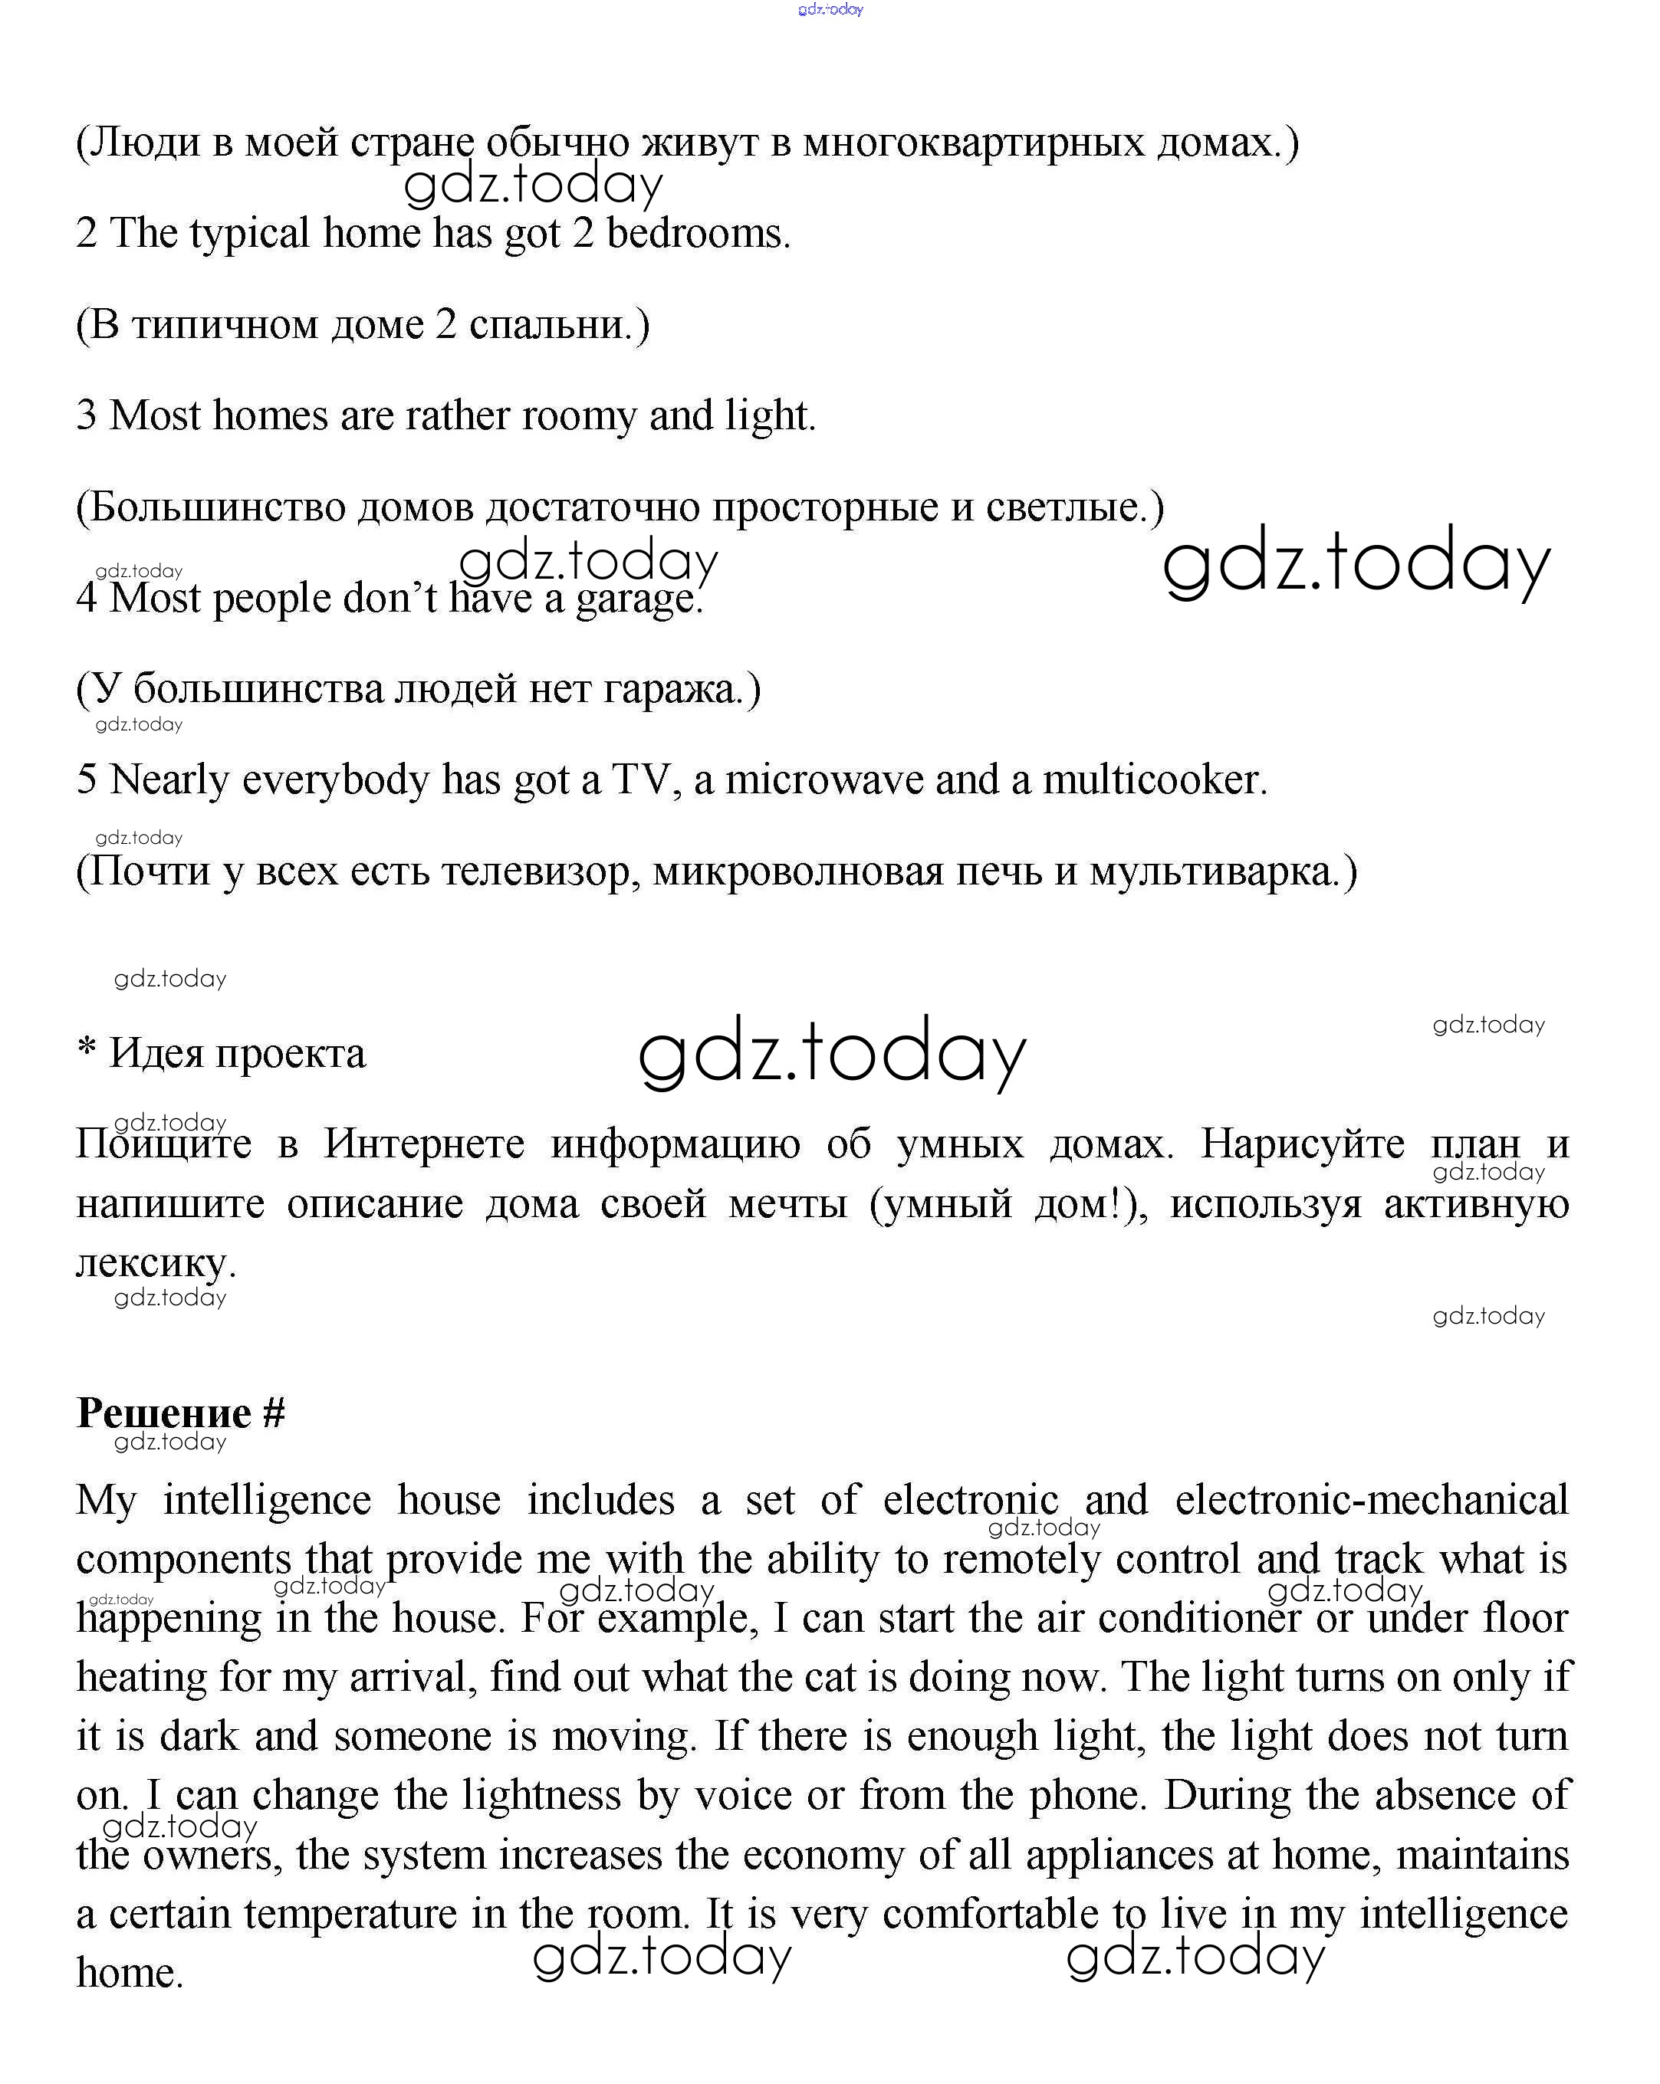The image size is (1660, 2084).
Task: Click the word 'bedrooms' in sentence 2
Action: [x=697, y=234]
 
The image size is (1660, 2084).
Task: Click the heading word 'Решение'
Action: [x=163, y=1413]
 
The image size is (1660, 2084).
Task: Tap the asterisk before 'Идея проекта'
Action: [x=86, y=1048]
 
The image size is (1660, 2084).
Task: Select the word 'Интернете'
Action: [x=425, y=1144]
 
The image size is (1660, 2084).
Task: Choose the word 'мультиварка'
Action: [x=1223, y=872]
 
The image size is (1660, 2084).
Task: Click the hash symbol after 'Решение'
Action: [x=274, y=1413]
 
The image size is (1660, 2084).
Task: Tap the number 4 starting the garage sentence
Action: [x=86, y=599]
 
